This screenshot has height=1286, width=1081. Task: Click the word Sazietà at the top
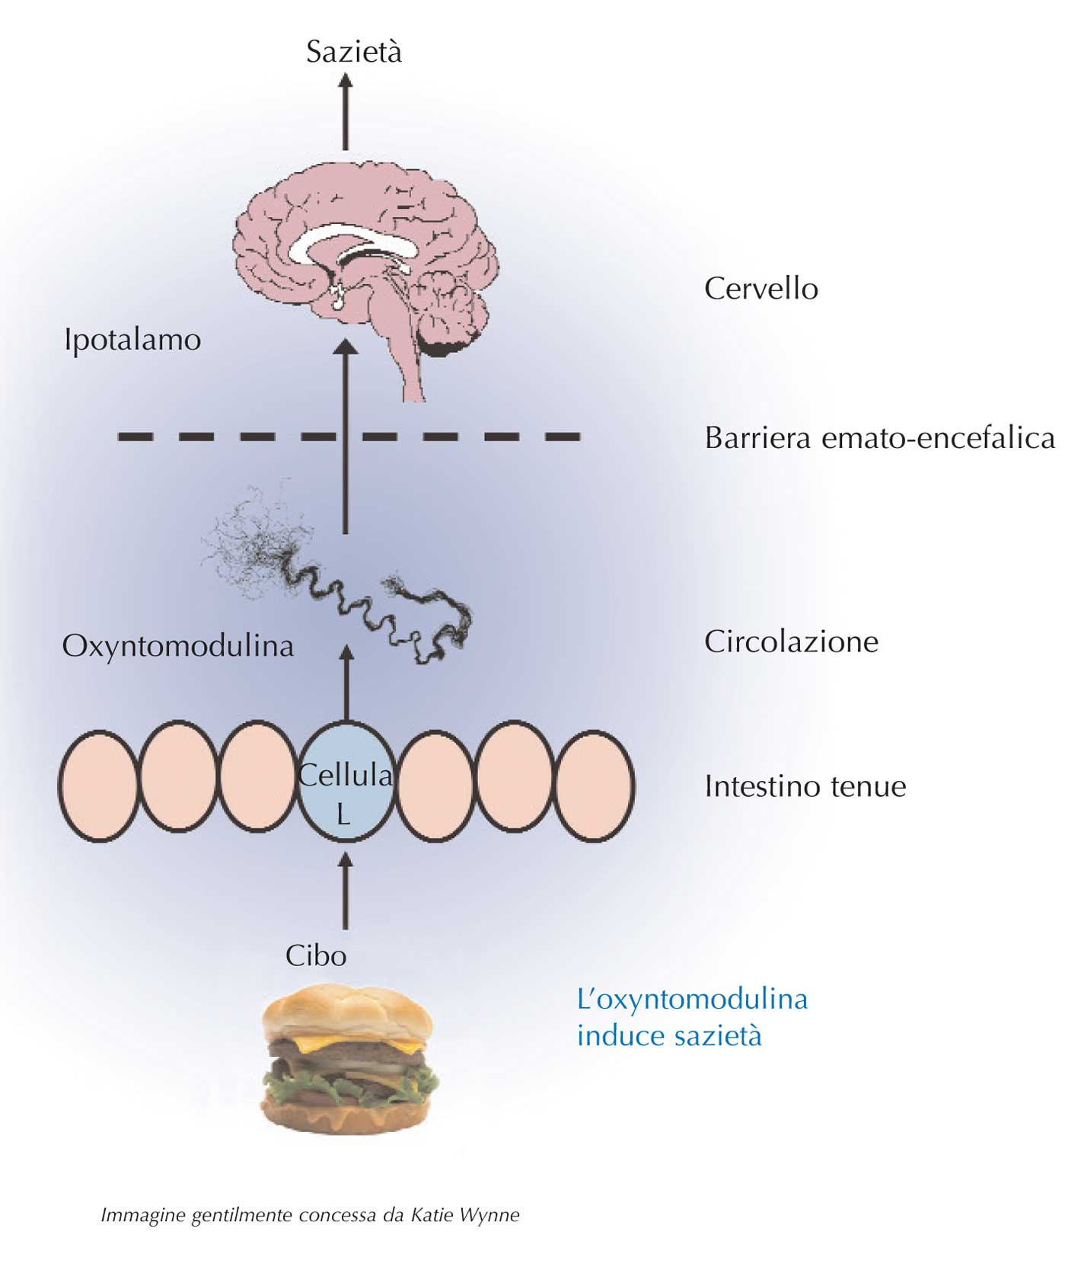point(354,52)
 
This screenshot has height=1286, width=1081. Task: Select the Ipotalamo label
point(132,340)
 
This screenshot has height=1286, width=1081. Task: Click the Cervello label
point(761,289)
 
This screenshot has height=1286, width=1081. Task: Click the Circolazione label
point(792,641)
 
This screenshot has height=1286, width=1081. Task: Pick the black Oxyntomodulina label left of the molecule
point(178,646)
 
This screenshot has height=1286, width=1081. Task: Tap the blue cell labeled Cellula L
point(345,782)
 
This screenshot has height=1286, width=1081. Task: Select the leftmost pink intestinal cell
point(98,785)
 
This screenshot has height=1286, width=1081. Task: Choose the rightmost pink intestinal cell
point(595,785)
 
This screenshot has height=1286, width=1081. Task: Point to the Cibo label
point(316,955)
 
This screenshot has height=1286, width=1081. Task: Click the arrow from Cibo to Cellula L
point(346,891)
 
